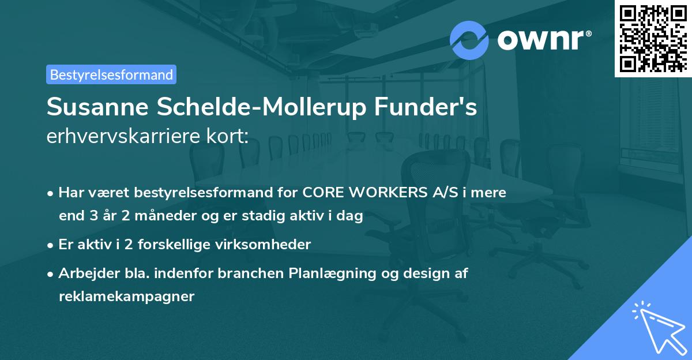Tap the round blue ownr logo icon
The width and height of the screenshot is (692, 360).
point(469,40)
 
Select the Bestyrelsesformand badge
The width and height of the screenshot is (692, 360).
point(111,74)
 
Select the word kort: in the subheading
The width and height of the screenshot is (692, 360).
point(230,136)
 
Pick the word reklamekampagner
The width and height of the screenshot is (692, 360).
point(127,297)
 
